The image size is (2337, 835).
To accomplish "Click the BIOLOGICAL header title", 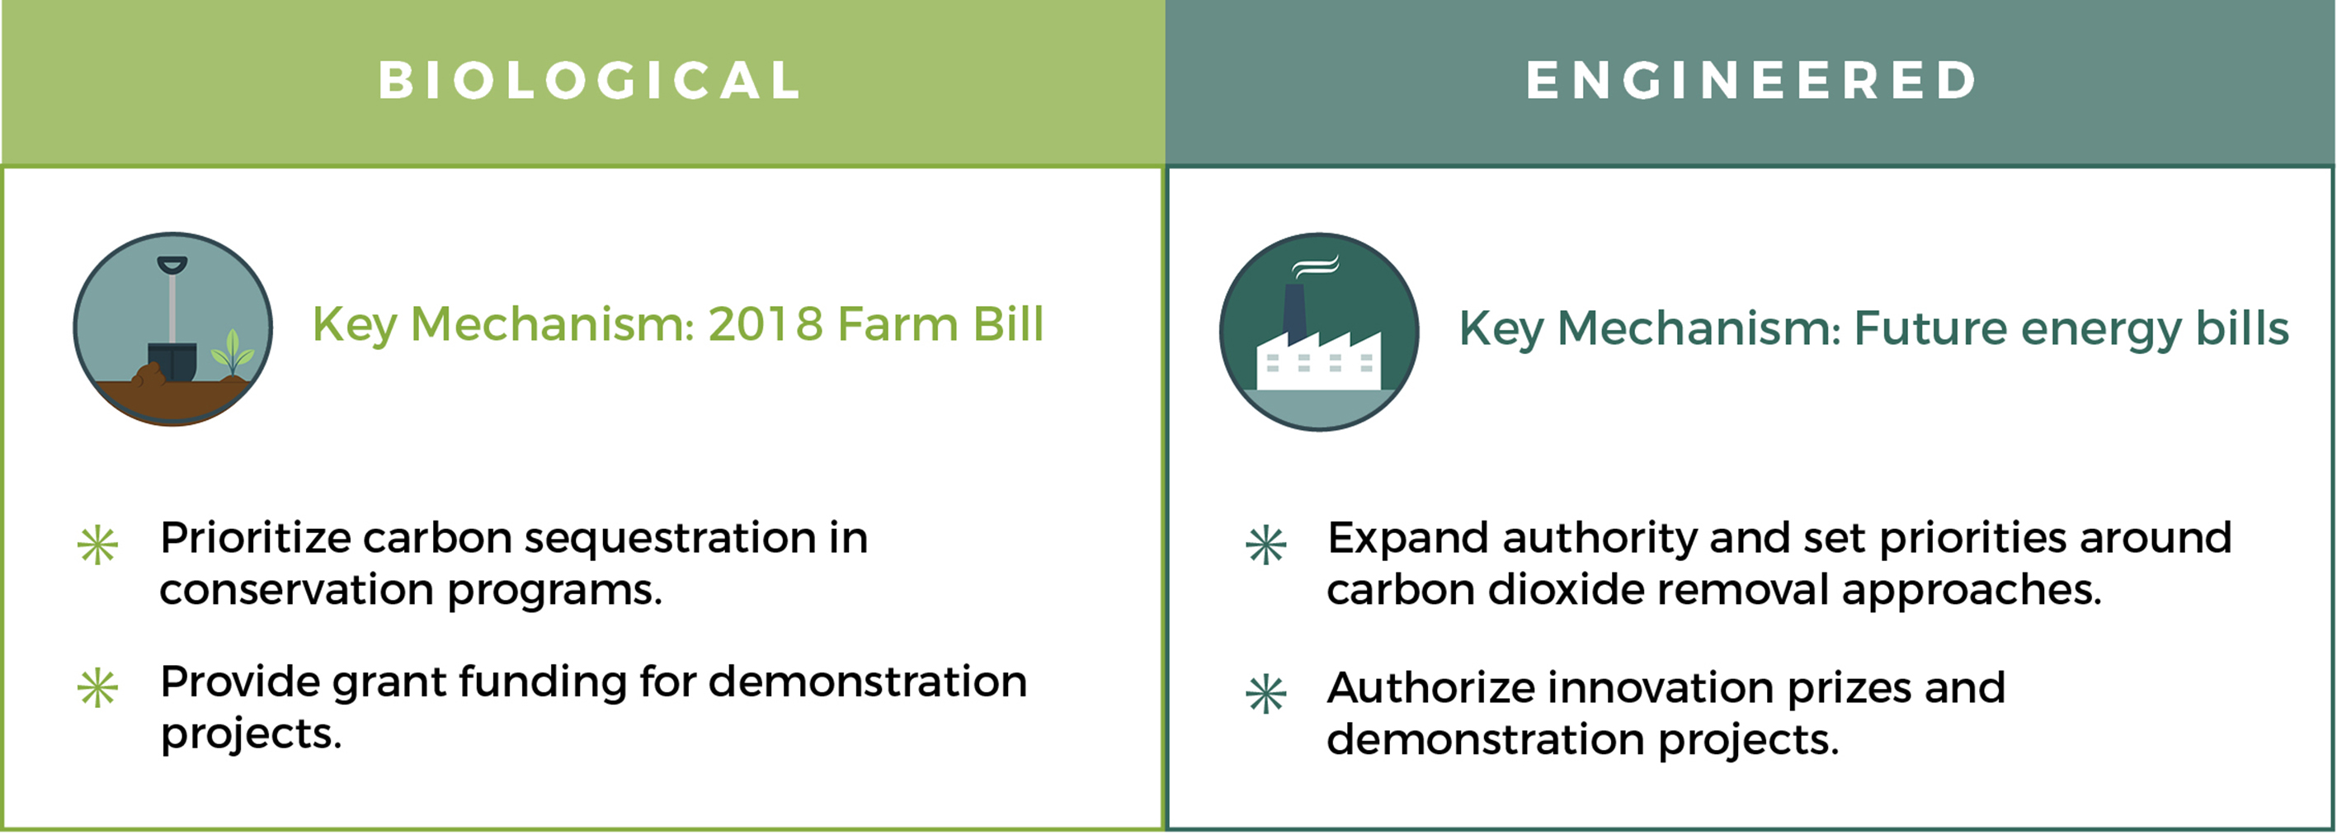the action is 590,80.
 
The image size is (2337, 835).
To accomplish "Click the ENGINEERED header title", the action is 1751,80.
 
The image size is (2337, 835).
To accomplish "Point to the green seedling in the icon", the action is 233,352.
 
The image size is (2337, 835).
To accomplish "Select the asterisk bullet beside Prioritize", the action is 97,545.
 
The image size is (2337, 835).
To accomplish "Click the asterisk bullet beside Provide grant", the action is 97,688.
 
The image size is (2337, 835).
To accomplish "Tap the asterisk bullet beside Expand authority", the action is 1265,545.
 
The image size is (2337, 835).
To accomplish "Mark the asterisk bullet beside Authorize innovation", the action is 1265,695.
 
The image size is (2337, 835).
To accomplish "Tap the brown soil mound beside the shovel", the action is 148,374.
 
